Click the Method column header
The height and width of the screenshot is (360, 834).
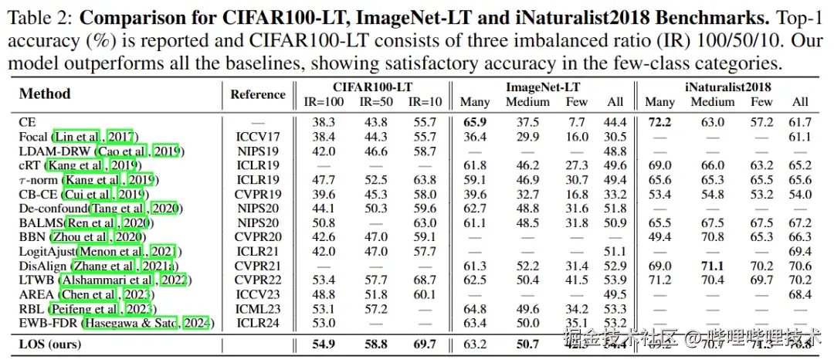[45, 94]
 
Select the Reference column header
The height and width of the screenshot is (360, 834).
[258, 94]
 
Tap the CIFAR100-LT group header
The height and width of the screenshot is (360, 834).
[371, 87]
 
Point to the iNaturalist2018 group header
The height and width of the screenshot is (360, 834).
[727, 87]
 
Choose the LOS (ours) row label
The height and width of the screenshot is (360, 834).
[50, 344]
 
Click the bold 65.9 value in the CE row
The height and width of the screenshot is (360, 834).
[475, 122]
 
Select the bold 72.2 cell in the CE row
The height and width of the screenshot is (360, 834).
[659, 122]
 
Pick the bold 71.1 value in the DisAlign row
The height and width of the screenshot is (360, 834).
[712, 266]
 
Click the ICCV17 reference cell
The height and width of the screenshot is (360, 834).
[258, 137]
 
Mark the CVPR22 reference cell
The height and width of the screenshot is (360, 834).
[258, 280]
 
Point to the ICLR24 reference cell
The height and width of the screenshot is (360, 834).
[258, 322]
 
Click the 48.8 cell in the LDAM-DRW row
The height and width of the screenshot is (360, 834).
[615, 151]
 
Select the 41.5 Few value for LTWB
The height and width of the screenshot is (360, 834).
[576, 280]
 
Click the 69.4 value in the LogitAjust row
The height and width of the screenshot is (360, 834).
[800, 252]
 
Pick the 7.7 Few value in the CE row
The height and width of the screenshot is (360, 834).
[576, 122]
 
